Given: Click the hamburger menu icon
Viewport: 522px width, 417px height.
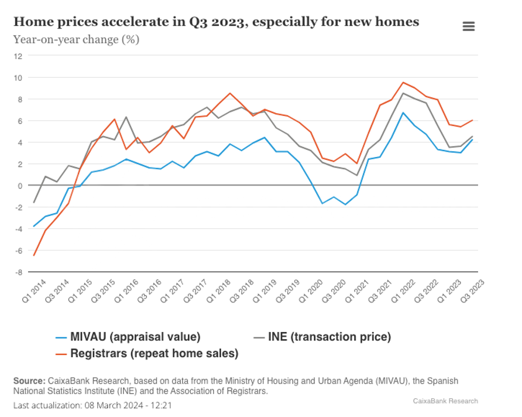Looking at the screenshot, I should [468, 26].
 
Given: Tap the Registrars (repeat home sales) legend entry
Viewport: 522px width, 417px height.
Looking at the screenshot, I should [154, 353].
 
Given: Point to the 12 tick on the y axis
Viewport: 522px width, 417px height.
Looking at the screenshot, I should [18, 56].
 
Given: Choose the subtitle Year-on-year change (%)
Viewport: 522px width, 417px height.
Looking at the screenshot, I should [76, 39].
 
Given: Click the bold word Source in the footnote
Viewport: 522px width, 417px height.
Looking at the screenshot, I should [29, 381].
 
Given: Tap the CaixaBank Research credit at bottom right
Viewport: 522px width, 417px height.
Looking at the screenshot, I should [445, 401].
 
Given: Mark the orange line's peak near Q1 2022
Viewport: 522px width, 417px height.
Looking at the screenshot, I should [403, 83].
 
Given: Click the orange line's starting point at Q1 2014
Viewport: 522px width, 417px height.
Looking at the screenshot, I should [34, 255].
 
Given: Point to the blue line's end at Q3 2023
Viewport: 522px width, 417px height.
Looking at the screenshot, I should [472, 139].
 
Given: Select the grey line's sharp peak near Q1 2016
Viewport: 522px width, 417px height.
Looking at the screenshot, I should [126, 117].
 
